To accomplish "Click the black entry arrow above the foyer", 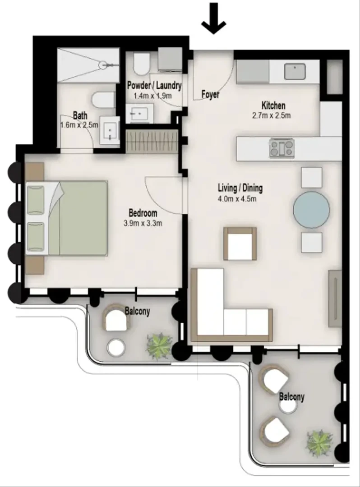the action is tap(213, 18).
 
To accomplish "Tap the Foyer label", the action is tap(210, 94).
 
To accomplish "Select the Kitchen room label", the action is tap(273, 105).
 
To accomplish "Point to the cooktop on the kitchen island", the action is tap(282, 148).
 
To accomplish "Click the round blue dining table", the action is tap(311, 210).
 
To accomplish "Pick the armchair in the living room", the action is tap(240, 244).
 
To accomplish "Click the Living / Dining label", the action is tap(240, 188).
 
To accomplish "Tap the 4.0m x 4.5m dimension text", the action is tap(237, 198).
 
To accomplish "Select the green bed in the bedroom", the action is tap(67, 218).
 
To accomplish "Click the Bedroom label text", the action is tap(143, 213).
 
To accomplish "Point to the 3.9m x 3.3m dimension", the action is tap(143, 223).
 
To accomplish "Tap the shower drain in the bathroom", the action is tap(103, 65).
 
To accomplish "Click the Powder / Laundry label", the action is tap(154, 85).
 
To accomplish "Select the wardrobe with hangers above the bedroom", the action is tap(152, 141).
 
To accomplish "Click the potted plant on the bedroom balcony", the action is tap(160, 346).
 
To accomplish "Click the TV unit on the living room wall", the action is tap(335, 299).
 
